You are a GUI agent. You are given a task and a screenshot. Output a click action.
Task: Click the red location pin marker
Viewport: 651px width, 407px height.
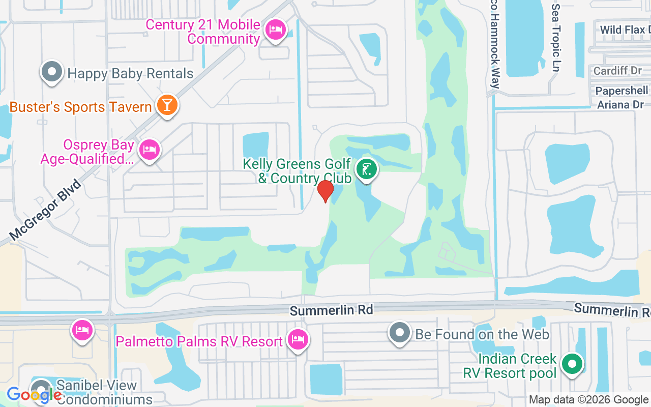pos(325,190)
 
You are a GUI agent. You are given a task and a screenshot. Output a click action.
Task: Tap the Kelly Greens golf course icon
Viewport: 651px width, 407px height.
pos(366,169)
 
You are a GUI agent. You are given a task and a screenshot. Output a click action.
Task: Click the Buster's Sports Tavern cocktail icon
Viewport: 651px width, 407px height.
pos(167,105)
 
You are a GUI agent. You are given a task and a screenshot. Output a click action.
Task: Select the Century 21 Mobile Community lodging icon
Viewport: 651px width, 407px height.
pos(276,30)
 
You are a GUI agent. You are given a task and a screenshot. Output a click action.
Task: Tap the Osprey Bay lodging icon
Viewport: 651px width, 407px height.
pos(150,150)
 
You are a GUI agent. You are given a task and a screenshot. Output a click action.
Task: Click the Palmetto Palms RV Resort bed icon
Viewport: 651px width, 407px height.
pos(298,339)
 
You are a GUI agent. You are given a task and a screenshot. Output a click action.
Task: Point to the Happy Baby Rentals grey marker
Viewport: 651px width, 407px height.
pos(51,72)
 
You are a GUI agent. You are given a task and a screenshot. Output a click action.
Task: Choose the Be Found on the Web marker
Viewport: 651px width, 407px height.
pos(400,333)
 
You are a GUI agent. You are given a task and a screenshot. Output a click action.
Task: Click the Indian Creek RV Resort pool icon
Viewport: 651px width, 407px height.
pos(572,364)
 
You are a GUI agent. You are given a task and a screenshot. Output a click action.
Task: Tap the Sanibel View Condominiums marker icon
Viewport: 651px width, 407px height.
pos(42,388)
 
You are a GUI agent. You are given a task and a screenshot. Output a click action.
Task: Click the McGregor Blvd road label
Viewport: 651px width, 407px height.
pos(45,210)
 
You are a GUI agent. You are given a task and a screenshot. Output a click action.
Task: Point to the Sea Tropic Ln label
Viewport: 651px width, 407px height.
pos(556,38)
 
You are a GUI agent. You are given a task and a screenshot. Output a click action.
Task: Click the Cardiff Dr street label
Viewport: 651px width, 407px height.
pos(617,71)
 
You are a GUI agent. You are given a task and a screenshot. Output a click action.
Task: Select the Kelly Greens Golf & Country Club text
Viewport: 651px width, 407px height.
pos(297,171)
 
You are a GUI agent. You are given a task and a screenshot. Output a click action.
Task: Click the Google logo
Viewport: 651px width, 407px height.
pos(34,395)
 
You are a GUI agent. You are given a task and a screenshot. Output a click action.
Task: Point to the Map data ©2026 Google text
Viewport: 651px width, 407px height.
pos(588,400)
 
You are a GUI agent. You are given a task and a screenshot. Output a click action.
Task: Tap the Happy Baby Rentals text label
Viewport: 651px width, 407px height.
pos(130,73)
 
